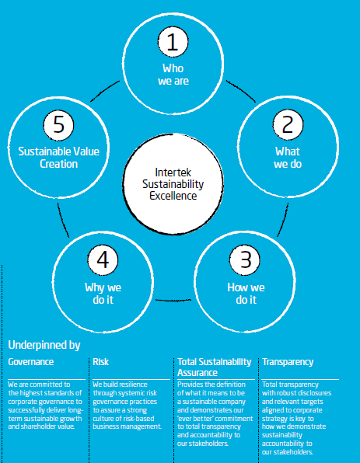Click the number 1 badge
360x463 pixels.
pos(173,42)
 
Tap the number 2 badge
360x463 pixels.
pos(288,125)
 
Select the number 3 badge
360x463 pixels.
pos(245,260)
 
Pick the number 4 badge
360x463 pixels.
pos(103,260)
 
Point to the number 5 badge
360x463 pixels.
pos(58,125)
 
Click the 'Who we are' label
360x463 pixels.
pos(173,75)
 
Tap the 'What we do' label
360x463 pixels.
pos(288,158)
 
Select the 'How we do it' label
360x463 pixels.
pos(246,294)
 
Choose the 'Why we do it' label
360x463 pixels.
pos(103,294)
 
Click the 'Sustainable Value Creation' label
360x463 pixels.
pos(59,158)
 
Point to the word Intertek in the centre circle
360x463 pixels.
pos(173,172)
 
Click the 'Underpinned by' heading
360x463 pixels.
pos(44,345)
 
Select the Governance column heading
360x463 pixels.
pos(31,362)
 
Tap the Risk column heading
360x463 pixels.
pos(101,362)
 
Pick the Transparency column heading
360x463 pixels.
pos(288,362)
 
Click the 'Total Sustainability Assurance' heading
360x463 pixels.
pos(215,367)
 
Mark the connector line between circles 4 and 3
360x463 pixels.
pos(173,301)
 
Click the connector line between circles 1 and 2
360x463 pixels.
pos(241,90)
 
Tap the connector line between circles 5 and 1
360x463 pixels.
pos(104,90)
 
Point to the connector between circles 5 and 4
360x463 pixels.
pos(62,220)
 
